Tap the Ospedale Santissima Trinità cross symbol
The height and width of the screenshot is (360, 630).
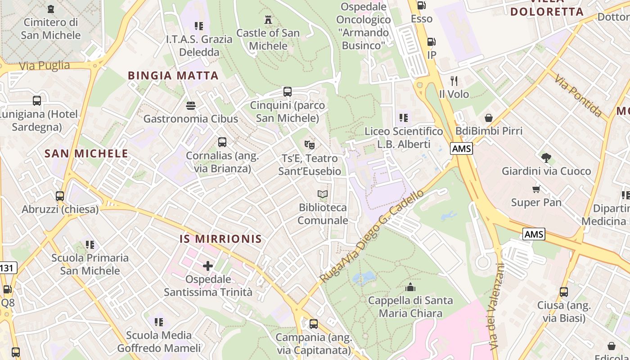point(207,266)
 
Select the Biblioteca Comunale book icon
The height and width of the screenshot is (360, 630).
point(322,194)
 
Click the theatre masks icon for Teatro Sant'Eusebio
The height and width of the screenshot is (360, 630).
point(309,144)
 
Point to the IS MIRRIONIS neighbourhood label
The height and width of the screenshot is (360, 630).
point(220,238)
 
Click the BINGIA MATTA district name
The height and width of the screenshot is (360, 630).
point(173,75)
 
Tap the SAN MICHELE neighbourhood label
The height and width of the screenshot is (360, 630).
point(86,153)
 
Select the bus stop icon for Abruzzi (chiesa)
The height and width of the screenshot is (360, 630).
point(60,196)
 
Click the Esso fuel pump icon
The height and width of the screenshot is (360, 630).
point(422,5)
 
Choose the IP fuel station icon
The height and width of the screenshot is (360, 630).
point(431,42)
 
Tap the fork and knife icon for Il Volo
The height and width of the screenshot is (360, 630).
point(454,81)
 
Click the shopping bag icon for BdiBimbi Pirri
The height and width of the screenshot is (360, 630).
point(489,118)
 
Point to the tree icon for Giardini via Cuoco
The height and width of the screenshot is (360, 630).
point(547,158)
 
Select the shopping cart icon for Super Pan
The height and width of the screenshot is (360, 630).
point(536,189)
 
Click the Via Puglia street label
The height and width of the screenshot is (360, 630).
point(45,66)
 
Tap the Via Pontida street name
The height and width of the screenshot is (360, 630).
point(578,96)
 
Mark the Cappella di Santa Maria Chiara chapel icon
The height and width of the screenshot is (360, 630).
point(410,287)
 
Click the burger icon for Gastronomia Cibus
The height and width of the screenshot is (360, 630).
point(191,106)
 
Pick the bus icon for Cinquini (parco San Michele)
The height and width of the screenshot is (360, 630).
point(288,92)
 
